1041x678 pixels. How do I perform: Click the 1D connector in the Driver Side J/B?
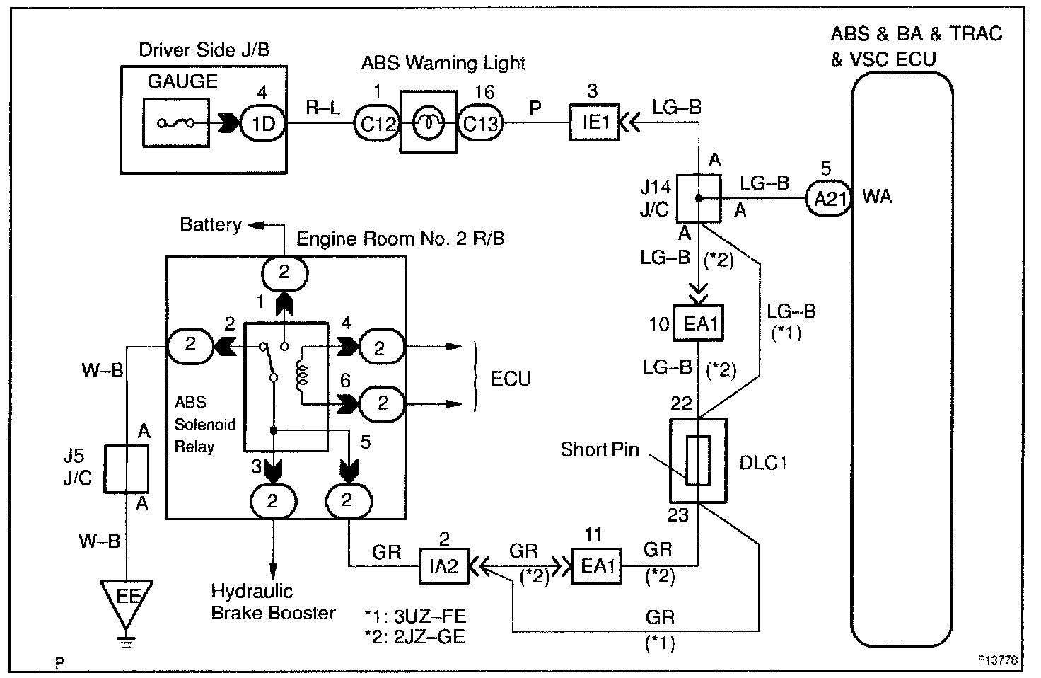click(x=262, y=123)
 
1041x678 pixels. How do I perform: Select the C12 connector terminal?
click(x=376, y=123)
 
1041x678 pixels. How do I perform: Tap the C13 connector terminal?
click(x=480, y=123)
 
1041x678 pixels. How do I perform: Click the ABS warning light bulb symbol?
click(x=429, y=122)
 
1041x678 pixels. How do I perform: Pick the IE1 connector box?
click(x=594, y=122)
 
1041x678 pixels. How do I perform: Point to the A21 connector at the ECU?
click(x=829, y=198)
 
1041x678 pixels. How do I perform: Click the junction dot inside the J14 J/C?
click(x=699, y=198)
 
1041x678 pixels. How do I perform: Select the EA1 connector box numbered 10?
click(x=699, y=323)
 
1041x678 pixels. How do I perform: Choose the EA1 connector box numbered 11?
click(x=596, y=566)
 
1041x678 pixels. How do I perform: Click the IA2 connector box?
click(x=444, y=566)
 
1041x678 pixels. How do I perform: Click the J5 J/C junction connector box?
click(x=127, y=469)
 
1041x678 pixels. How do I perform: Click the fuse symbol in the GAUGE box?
click(x=175, y=122)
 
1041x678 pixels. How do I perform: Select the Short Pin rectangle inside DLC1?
click(x=698, y=460)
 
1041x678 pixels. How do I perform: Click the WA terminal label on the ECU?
click(x=877, y=196)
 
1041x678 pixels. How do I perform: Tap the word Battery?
click(x=211, y=224)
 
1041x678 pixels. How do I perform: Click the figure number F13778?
click(x=997, y=660)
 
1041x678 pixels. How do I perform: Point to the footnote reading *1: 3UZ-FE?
click(x=414, y=616)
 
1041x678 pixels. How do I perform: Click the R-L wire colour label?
click(x=323, y=108)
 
